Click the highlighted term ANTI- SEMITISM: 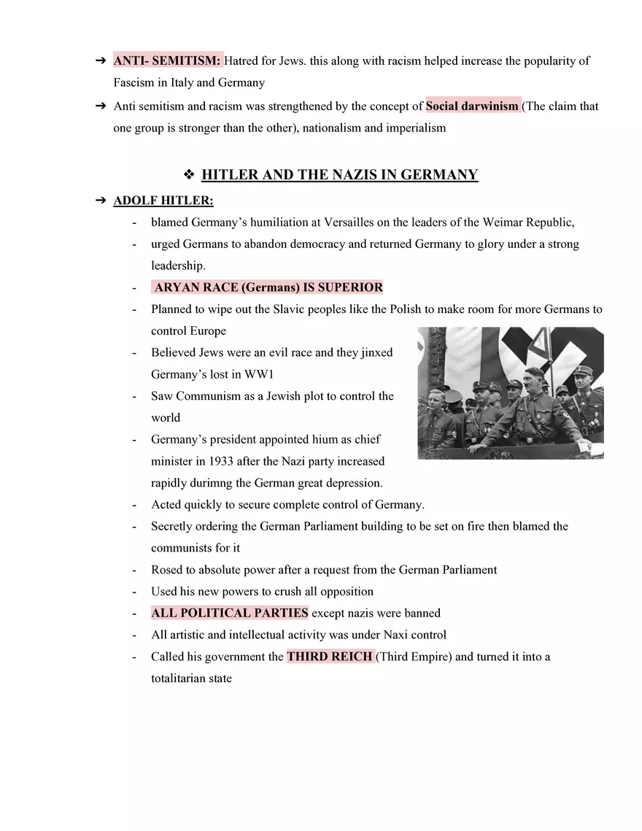coord(167,61)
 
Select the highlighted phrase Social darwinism coord(472,107)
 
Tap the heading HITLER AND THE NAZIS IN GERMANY coord(339,175)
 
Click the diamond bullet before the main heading coord(188,175)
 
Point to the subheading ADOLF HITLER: coord(163,201)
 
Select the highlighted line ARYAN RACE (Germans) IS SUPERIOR coord(268,287)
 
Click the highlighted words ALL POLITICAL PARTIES coord(229,613)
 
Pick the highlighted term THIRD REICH coord(330,657)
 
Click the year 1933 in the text coord(221,461)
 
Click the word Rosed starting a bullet coord(167,570)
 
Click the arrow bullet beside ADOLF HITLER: coord(101,201)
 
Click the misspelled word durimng coord(212,483)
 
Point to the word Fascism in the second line coord(135,82)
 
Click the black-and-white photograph coord(510,393)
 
